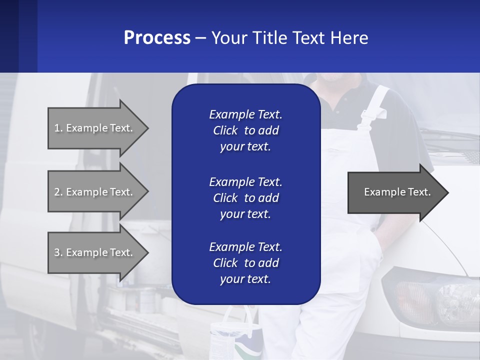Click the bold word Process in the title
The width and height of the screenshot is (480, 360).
pyautogui.click(x=157, y=38)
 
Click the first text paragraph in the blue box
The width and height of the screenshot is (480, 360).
pyautogui.click(x=245, y=130)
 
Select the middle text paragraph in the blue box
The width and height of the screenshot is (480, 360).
pyautogui.click(x=245, y=198)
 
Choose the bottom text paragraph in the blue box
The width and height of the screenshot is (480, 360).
pyautogui.click(x=245, y=263)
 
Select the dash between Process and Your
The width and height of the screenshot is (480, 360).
pyautogui.click(x=200, y=38)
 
